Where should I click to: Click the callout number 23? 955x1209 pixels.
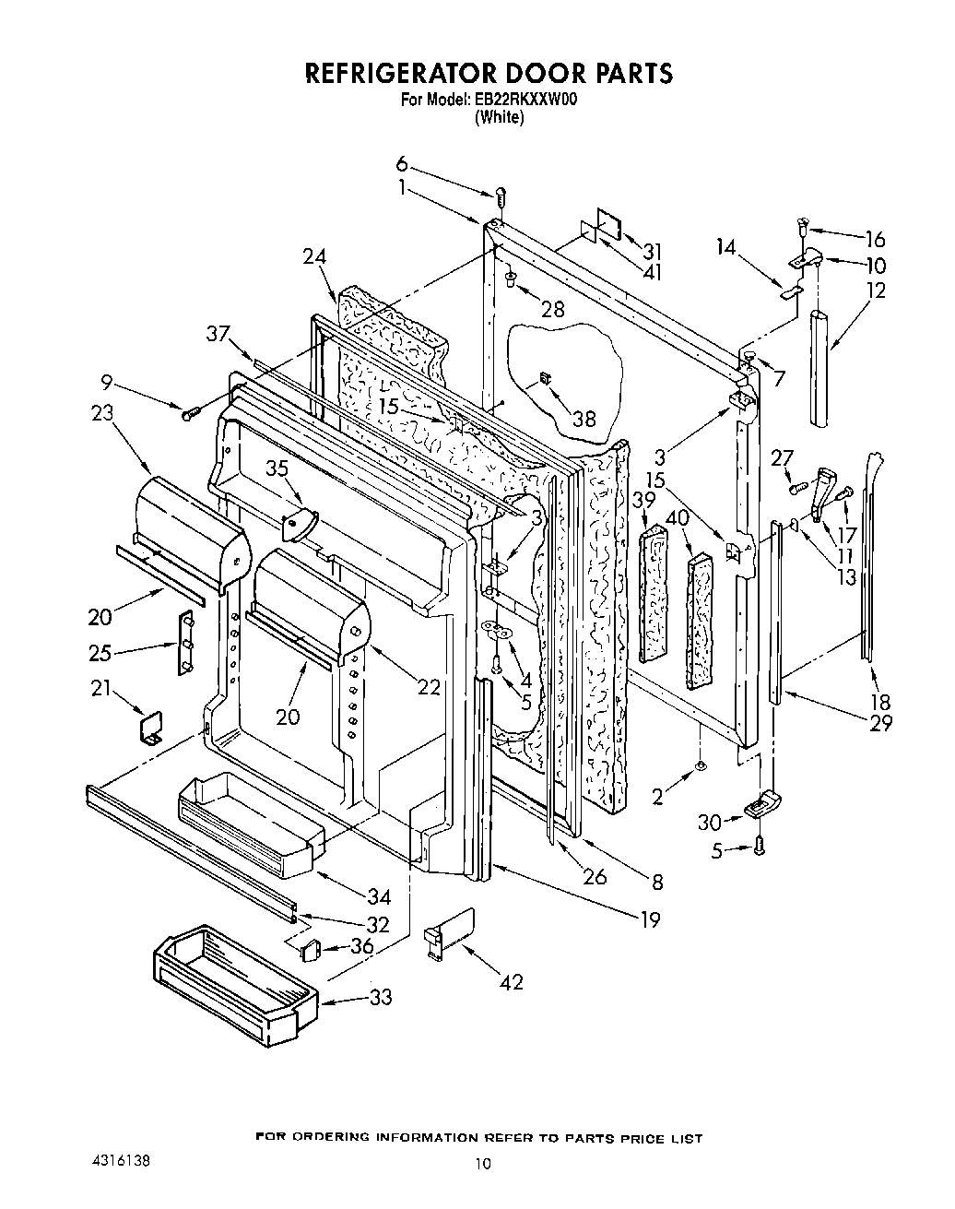101,412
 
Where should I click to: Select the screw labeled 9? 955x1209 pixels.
189,415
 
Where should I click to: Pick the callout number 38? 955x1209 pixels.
584,419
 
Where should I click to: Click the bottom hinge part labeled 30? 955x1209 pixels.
761,806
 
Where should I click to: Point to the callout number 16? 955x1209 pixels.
874,240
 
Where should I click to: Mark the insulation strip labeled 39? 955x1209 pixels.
653,592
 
